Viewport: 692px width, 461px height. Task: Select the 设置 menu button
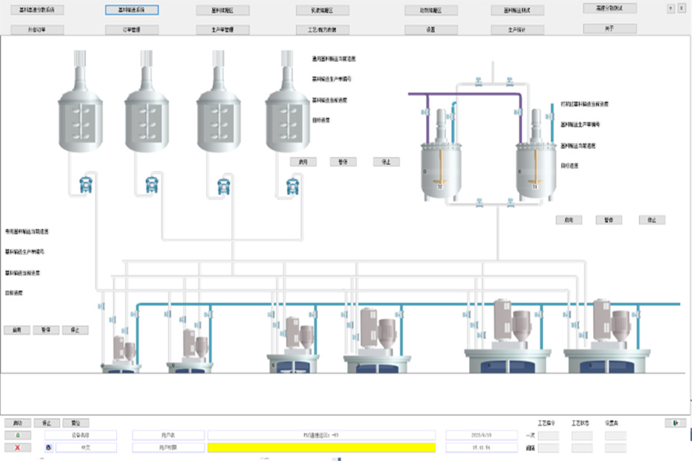(x=431, y=30)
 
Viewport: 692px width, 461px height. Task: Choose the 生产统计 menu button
(x=517, y=30)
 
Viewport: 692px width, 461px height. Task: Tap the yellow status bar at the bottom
(x=321, y=447)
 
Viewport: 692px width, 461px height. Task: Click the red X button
(x=18, y=447)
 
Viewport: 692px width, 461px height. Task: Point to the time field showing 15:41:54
(x=475, y=447)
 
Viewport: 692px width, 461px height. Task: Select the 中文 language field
(x=85, y=447)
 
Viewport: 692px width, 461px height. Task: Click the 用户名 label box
(x=168, y=435)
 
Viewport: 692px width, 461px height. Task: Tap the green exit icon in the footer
(x=675, y=423)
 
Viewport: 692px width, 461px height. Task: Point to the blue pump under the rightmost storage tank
(x=291, y=185)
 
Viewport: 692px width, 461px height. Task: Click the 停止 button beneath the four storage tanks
(x=386, y=162)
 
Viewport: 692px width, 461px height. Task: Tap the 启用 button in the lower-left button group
(x=17, y=330)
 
